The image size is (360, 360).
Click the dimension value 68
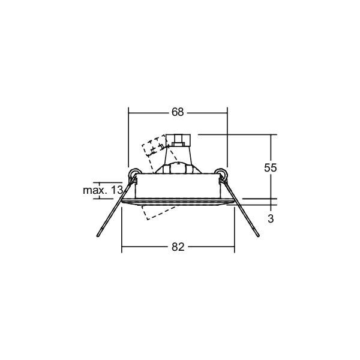(x=178, y=112)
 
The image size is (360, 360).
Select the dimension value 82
(x=178, y=247)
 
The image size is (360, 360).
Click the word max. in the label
(x=95, y=190)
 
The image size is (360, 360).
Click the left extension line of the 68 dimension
(x=128, y=138)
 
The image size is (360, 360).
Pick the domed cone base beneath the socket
(x=178, y=166)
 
